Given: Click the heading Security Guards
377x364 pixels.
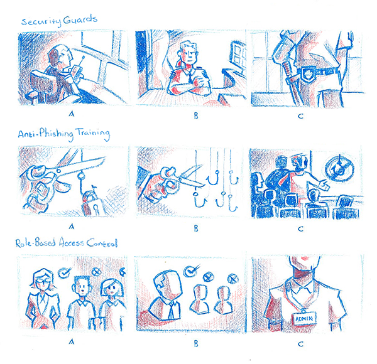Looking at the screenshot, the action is pos(59,21).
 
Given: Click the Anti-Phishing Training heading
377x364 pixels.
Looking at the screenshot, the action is pos(64,134).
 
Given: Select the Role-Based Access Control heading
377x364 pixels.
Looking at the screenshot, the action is pos(67,243).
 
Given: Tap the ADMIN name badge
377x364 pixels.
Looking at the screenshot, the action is pos(303,319).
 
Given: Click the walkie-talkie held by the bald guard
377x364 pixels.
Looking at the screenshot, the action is pos(77,69).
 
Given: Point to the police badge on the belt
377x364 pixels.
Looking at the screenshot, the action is pos(306,73).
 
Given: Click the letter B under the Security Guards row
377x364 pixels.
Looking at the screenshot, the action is pos(196,115).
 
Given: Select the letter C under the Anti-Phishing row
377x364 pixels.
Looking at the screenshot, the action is pos(300,229).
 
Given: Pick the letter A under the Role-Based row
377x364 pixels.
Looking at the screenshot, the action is pos(72,341).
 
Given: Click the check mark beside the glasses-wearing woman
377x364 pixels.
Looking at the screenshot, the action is pos(65,272).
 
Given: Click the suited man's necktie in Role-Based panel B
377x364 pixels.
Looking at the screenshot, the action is pos(171,311).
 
